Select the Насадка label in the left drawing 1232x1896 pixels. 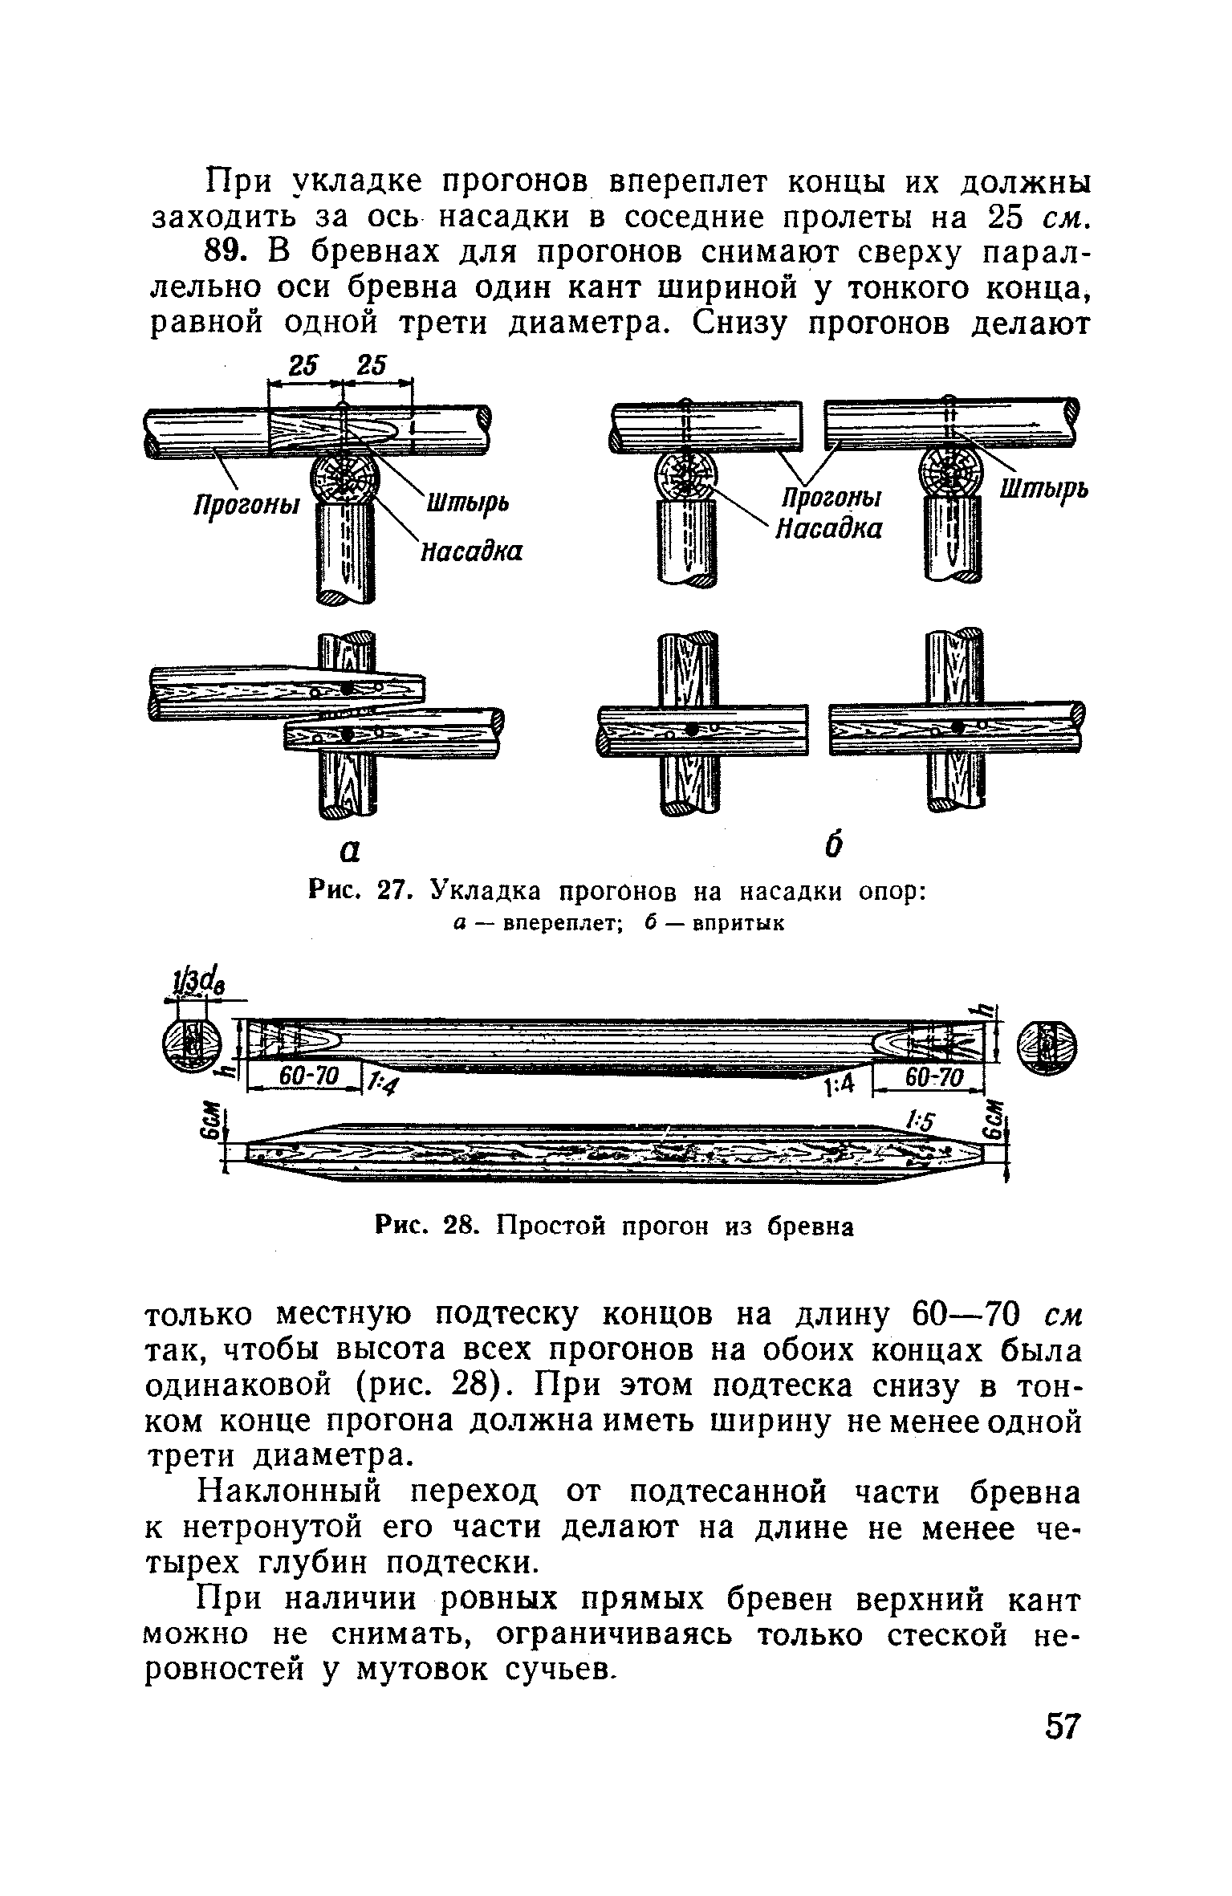pos(472,551)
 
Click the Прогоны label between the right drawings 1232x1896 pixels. pos(831,498)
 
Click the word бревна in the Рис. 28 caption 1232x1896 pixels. pos(811,1227)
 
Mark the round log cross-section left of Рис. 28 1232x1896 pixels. pos(193,1045)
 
